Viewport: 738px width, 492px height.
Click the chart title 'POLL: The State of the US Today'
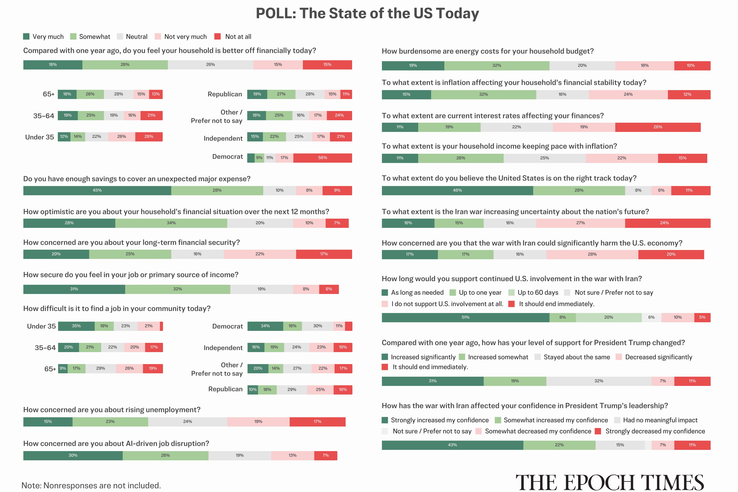coord(367,14)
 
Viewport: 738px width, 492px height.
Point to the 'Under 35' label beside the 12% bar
coord(40,137)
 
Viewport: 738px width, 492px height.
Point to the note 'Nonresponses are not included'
coord(91,485)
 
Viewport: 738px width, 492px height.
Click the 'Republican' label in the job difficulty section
coord(225,389)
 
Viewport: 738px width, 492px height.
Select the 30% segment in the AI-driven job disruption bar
coord(73,456)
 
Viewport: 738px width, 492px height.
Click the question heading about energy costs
coord(487,51)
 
